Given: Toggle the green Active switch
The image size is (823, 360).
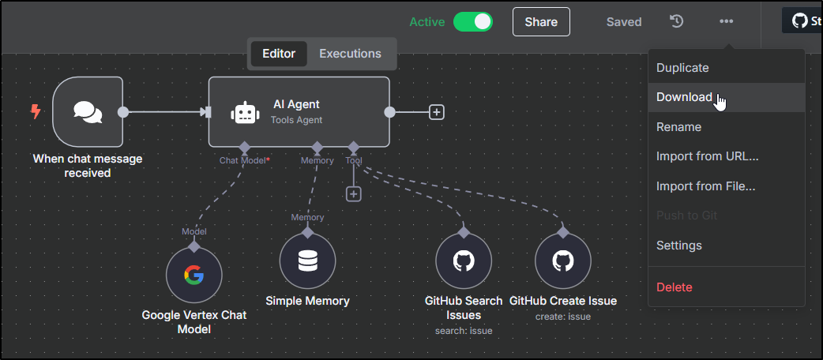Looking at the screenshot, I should (472, 22).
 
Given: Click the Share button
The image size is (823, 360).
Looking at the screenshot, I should (541, 22).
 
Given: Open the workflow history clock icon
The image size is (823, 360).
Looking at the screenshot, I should (677, 21).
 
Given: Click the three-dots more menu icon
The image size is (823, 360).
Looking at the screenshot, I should (726, 21).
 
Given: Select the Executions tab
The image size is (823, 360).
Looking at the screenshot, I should (350, 54).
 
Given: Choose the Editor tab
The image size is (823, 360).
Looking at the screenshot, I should (279, 54).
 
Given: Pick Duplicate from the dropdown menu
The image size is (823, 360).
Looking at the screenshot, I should (682, 68).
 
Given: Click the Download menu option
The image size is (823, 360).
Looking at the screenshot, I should (684, 97).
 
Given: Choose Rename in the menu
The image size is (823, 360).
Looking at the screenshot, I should (678, 127).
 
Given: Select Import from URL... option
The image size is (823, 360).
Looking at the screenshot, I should (707, 156).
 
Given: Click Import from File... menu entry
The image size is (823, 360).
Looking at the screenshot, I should (705, 186).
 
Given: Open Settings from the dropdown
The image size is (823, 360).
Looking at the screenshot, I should (678, 246).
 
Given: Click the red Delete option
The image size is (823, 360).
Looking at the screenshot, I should (674, 287).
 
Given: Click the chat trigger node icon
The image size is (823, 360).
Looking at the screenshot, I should (88, 112).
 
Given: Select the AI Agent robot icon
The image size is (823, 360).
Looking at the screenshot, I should (244, 112).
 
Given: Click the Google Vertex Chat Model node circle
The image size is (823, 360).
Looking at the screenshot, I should (194, 275).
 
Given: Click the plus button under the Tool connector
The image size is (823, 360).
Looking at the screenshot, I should (354, 193).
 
